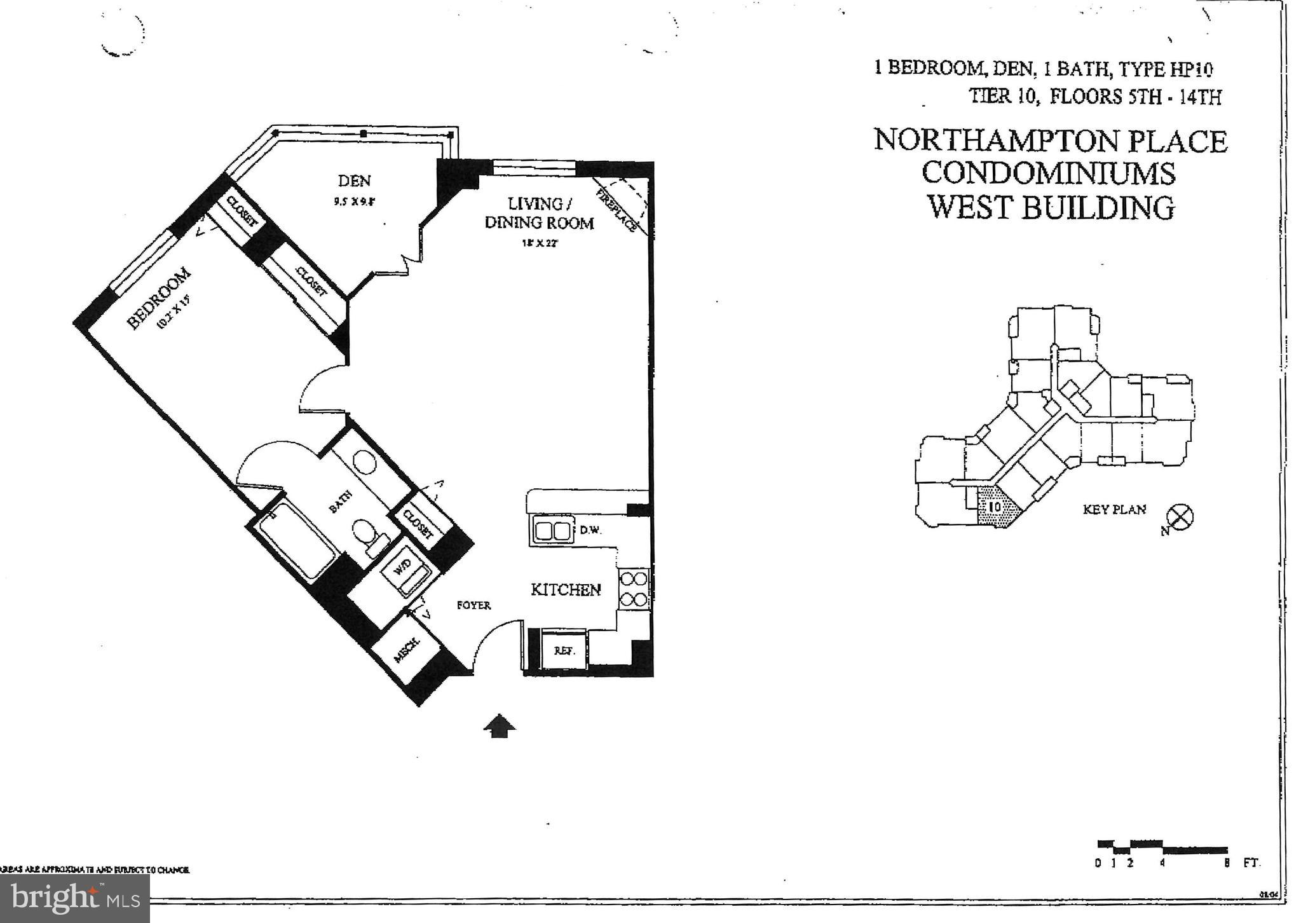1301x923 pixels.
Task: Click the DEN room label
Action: (354, 181)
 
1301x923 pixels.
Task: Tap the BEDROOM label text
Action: (160, 299)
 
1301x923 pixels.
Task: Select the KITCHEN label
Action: (566, 589)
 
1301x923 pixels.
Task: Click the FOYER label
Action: (473, 605)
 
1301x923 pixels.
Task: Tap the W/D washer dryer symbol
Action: (405, 570)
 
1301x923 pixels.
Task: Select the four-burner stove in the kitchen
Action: (634, 589)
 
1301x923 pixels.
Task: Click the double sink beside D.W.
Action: (550, 531)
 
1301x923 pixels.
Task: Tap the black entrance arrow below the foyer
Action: (500, 725)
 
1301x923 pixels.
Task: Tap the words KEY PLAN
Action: (1114, 509)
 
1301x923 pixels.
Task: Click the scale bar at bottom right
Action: (1162, 847)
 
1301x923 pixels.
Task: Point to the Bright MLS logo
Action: (75, 898)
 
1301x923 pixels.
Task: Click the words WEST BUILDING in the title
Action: (1050, 207)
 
